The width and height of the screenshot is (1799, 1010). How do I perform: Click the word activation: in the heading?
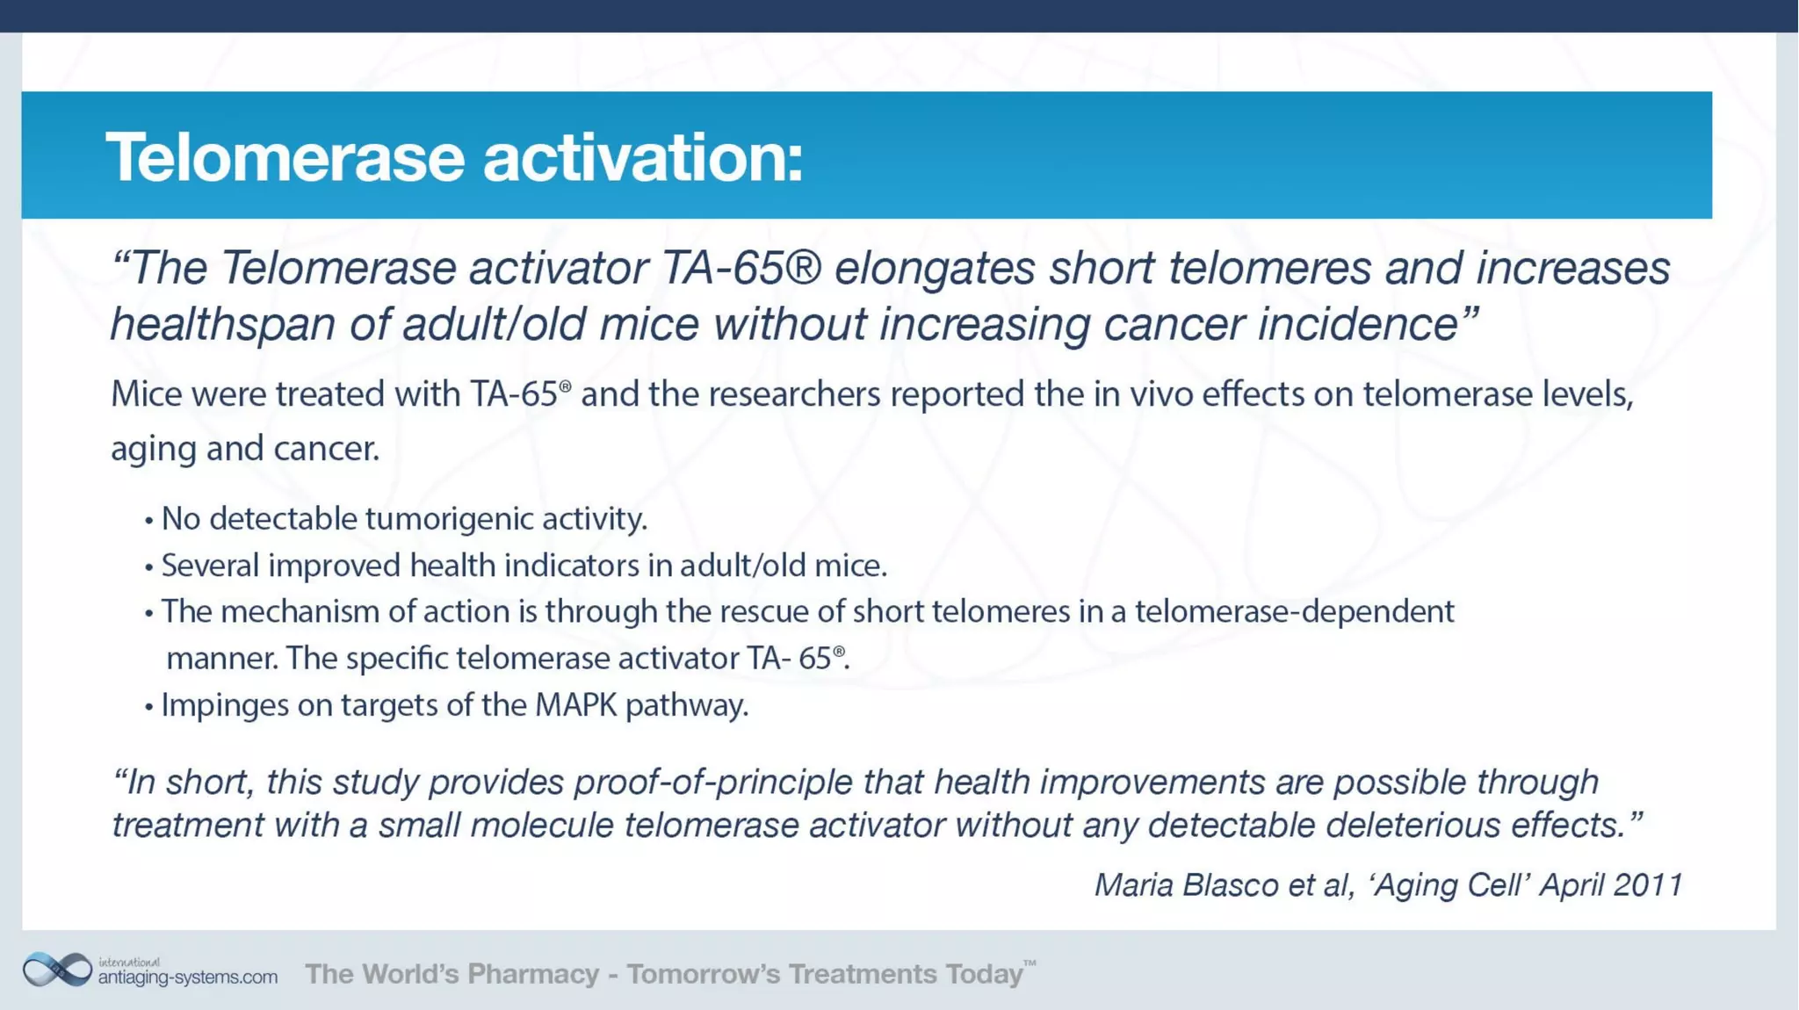coord(643,158)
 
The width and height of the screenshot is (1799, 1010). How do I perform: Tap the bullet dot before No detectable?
coord(148,521)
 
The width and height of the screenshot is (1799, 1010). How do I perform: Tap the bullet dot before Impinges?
coord(148,706)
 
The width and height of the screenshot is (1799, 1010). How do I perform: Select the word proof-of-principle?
coord(712,782)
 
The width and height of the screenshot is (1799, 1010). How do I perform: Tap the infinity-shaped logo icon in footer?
coord(57,970)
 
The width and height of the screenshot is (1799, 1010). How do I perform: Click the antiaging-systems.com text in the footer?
coord(187,977)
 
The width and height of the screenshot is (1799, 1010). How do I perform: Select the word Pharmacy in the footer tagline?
coord(533,974)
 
